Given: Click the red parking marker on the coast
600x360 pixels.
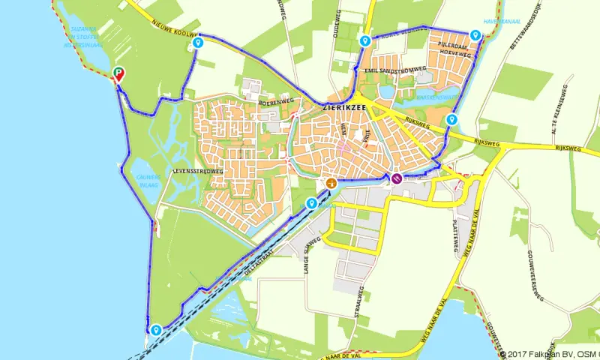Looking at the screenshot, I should pyautogui.click(x=118, y=73).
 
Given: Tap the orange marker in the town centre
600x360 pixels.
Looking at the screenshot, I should pyautogui.click(x=331, y=183).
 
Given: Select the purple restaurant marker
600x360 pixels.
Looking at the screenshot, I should pyautogui.click(x=395, y=178).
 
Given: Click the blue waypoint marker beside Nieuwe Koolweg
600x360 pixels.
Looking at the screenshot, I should pyautogui.click(x=197, y=43).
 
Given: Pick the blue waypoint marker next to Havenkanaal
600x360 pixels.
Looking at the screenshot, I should pyautogui.click(x=475, y=35).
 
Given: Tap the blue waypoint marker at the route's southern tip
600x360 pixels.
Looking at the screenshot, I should pyautogui.click(x=156, y=329).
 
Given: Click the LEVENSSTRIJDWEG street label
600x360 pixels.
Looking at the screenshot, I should pyautogui.click(x=198, y=171).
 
